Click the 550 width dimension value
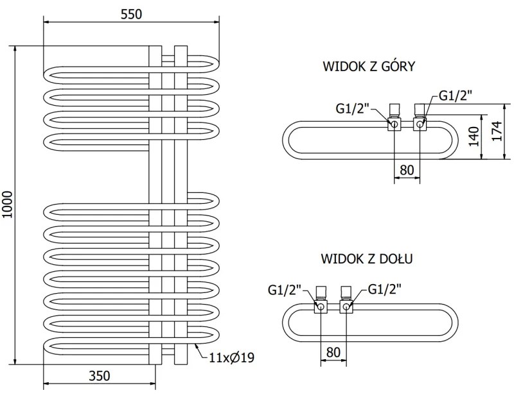pyautogui.click(x=130, y=13)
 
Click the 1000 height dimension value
pyautogui.click(x=8, y=205)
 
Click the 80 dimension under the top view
pyautogui.click(x=406, y=170)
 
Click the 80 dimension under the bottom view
pyautogui.click(x=333, y=353)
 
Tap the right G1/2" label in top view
pyautogui.click(x=456, y=96)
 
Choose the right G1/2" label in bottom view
pyautogui.click(x=384, y=290)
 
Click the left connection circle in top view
pyautogui.click(x=394, y=123)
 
